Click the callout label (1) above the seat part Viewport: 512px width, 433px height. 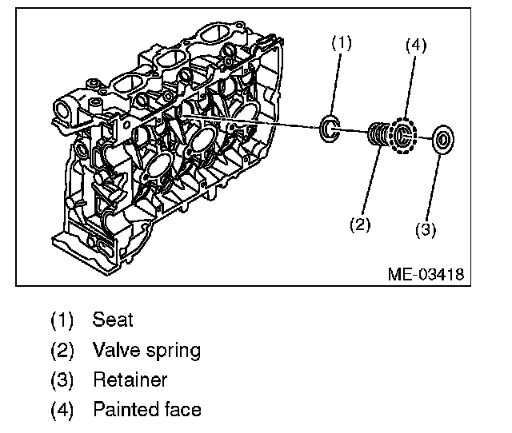click(342, 45)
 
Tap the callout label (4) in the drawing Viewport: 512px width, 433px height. click(414, 45)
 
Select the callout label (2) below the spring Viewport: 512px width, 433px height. click(361, 224)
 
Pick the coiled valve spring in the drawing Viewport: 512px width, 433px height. click(379, 135)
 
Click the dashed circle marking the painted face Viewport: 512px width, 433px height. click(406, 137)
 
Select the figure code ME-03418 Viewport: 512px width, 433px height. click(424, 274)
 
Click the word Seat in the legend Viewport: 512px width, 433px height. click(113, 320)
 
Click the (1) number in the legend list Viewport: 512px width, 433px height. click(62, 320)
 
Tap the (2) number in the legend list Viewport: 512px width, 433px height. click(62, 351)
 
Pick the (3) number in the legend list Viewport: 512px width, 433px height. click(62, 380)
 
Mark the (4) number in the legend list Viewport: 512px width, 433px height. click(62, 410)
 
